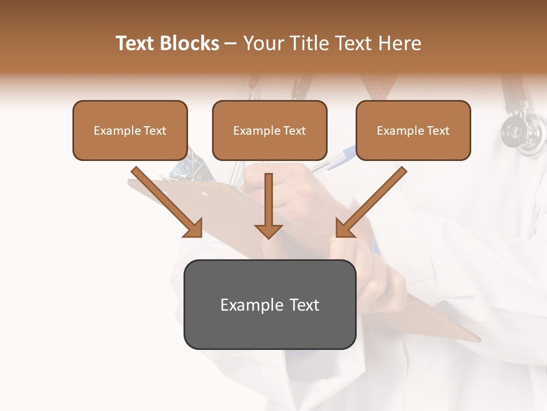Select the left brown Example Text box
(130, 131)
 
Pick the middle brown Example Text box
(270, 131)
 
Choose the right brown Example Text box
(413, 131)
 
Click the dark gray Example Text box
(270, 305)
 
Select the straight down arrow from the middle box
(268, 205)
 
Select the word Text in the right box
(438, 131)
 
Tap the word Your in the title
(262, 43)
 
